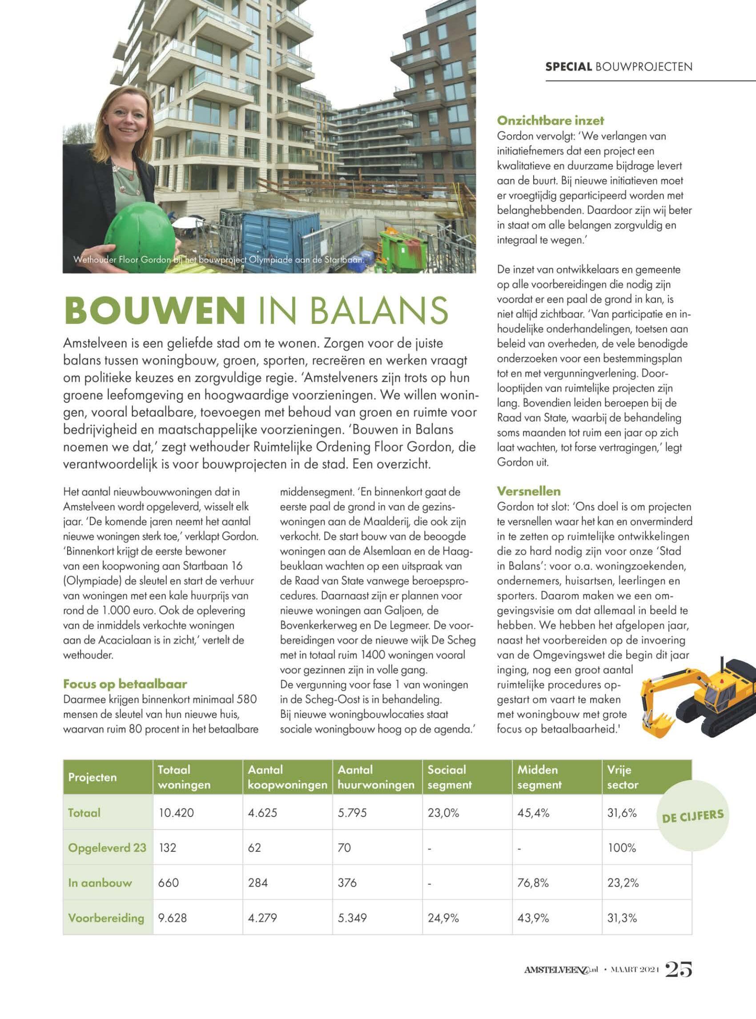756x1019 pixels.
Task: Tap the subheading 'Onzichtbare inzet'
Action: click(x=550, y=121)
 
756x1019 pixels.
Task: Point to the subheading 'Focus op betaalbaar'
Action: click(x=125, y=684)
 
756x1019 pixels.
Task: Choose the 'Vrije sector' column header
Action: click(x=623, y=777)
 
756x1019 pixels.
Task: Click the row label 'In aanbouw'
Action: click(x=100, y=882)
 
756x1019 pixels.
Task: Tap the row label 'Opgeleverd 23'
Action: click(x=107, y=847)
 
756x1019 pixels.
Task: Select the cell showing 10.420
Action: click(x=176, y=813)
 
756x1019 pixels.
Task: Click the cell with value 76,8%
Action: click(x=533, y=882)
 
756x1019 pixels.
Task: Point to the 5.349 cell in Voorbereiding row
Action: click(x=352, y=918)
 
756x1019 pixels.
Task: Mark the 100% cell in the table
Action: click(x=621, y=847)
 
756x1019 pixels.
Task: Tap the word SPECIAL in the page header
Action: click(x=568, y=67)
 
